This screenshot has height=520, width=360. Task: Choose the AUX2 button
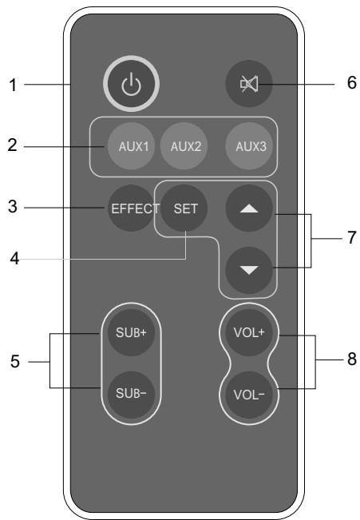click(182, 146)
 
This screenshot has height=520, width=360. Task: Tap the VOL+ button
click(244, 331)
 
